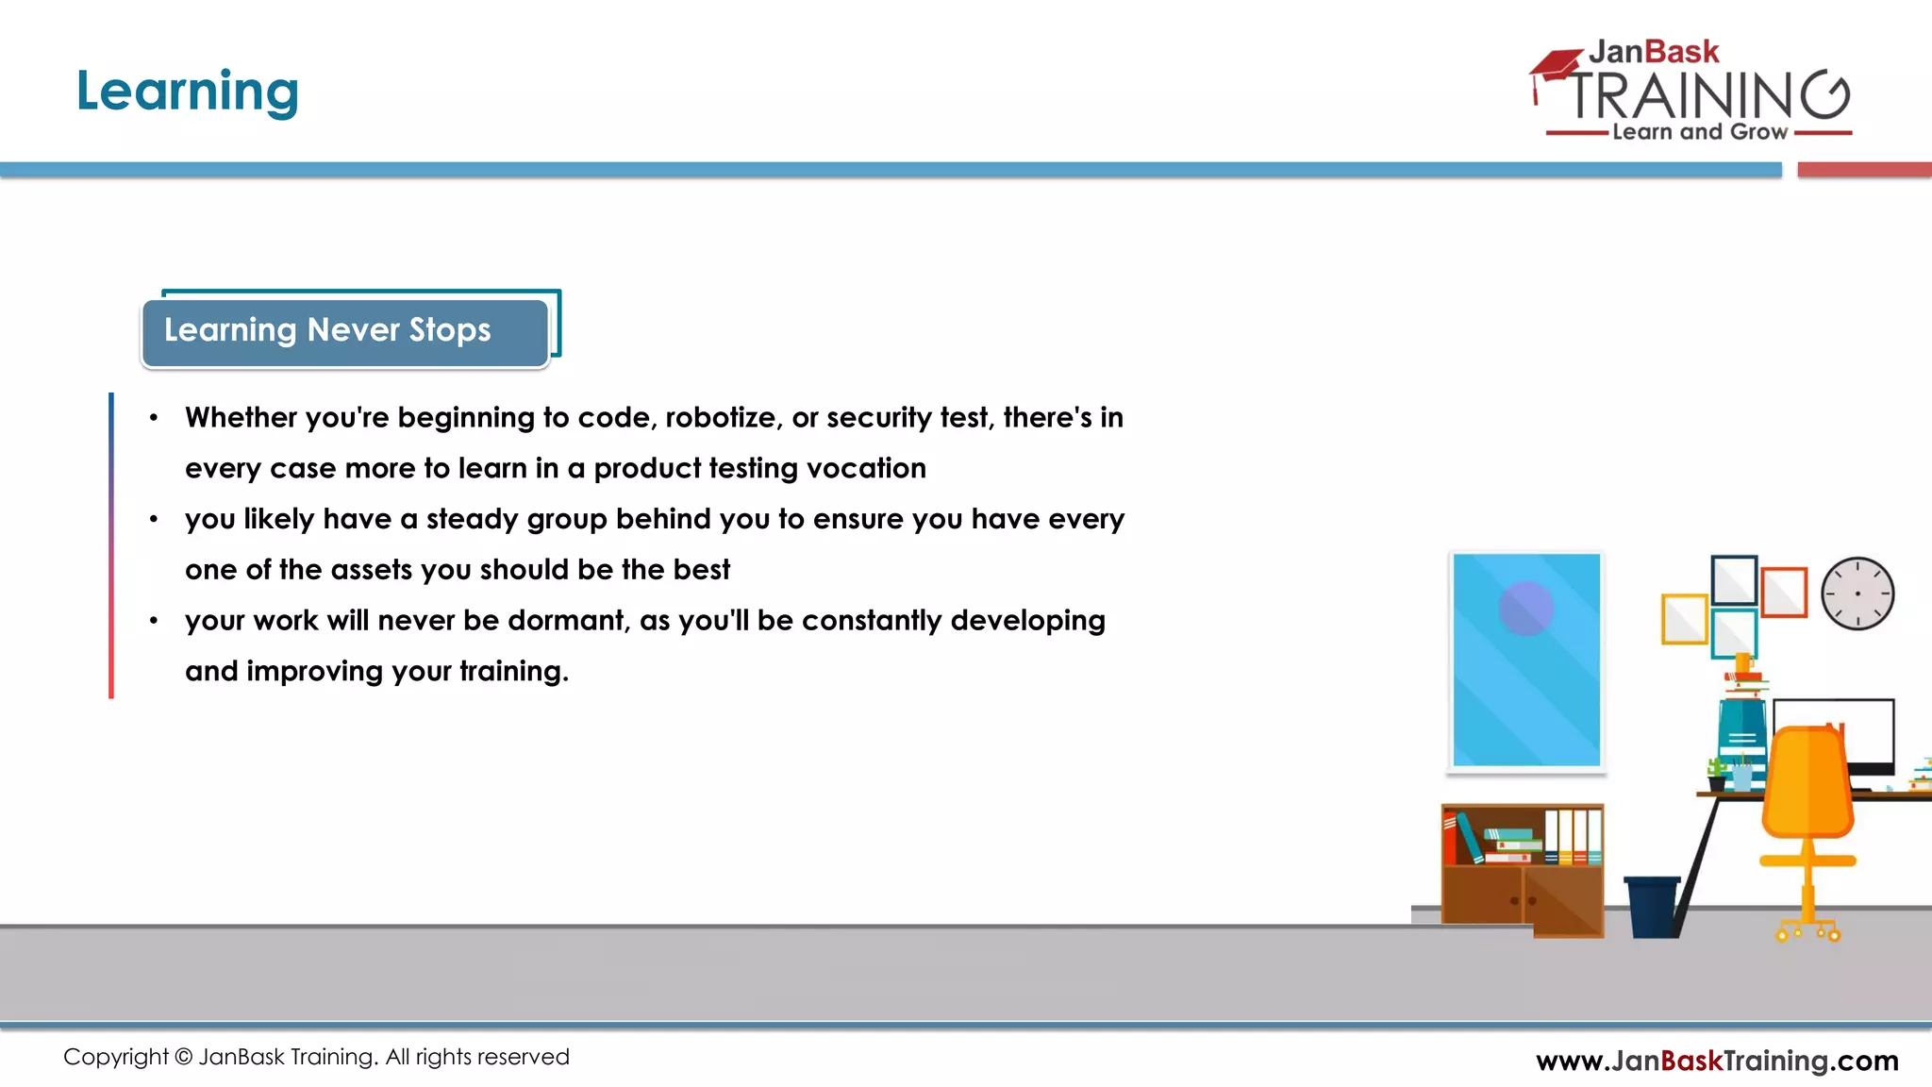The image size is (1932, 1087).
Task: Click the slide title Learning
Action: point(187,92)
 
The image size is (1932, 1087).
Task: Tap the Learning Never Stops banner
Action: point(345,331)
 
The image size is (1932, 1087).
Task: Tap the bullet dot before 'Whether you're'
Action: point(154,418)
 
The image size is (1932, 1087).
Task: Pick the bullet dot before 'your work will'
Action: point(154,621)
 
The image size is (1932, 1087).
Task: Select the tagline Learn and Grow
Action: point(1699,132)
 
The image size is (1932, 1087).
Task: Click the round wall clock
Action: point(1857,594)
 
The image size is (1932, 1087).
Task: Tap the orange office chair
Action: point(1807,793)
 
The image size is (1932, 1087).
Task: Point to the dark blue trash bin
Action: point(1652,906)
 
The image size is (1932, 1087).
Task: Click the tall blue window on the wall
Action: point(1526,661)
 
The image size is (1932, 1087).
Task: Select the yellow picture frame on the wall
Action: point(1684,619)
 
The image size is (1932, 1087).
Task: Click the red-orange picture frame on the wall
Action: point(1784,592)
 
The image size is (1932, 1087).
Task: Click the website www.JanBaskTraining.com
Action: point(1717,1061)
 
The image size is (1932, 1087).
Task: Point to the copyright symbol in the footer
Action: point(184,1057)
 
